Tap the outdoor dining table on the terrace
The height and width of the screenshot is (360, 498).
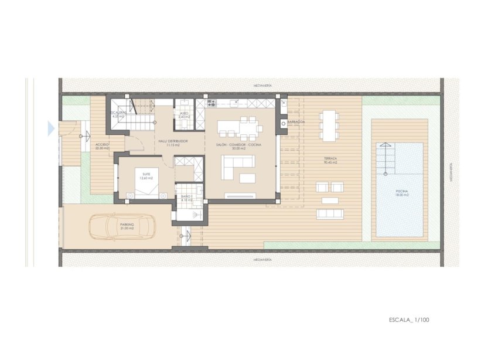[329, 124]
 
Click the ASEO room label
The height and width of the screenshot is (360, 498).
[184, 115]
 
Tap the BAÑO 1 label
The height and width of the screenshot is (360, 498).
[187, 198]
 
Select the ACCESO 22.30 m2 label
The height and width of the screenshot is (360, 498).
[102, 146]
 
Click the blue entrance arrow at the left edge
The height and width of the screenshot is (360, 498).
[51, 128]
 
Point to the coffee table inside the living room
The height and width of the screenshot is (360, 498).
[248, 178]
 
